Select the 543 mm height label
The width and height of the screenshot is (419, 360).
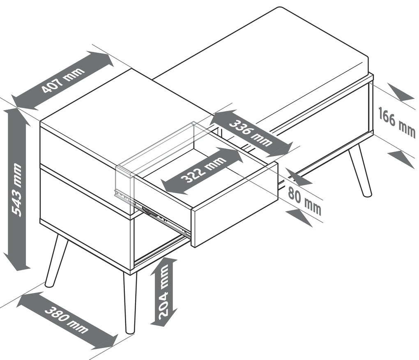16,190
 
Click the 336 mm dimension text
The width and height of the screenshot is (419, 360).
251,133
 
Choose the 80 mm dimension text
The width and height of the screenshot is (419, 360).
305,199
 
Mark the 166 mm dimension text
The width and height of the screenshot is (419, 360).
397,122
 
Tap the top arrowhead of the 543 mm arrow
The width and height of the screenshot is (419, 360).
17,117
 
